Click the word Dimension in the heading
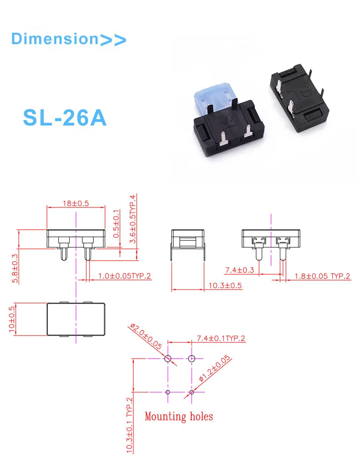[x=54, y=39]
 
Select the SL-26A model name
[x=65, y=117]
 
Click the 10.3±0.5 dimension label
[x=225, y=286]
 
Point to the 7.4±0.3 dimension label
[x=240, y=271]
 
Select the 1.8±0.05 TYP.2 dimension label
[x=323, y=276]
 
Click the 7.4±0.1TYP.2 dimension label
[x=221, y=338]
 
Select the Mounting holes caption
[x=178, y=416]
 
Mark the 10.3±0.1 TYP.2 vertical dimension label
[x=129, y=425]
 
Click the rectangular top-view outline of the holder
[x=76, y=319]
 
